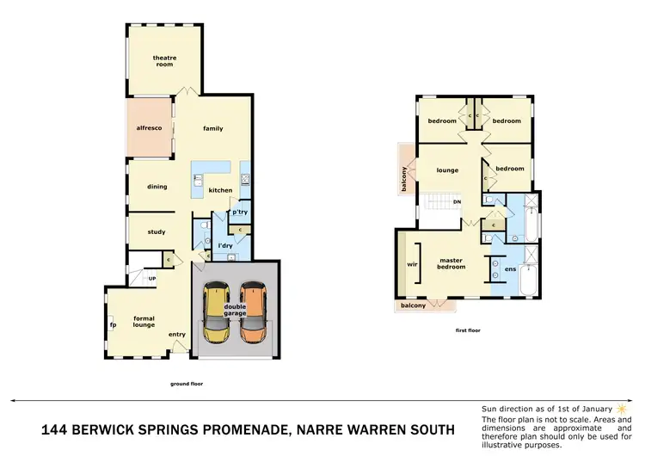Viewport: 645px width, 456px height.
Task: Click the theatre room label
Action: pos(163,60)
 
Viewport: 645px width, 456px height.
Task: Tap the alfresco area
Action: pos(149,128)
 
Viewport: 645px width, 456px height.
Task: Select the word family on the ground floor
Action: pos(212,129)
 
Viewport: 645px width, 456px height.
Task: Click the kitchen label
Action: pos(220,190)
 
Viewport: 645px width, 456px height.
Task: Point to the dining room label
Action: pos(157,187)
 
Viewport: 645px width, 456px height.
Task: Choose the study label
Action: pos(156,231)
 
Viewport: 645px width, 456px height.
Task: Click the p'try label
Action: pos(240,212)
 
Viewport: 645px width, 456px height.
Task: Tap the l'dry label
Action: pos(225,246)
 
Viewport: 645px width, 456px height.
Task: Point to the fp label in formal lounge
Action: pos(112,324)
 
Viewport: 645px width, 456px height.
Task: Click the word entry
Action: pos(177,335)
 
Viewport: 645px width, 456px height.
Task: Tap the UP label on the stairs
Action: pos(151,279)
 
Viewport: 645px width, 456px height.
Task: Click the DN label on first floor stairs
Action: pos(458,202)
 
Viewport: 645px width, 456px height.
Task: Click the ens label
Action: pos(510,269)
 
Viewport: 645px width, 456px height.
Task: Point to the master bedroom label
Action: pos(452,263)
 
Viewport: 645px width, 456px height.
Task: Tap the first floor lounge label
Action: pos(447,170)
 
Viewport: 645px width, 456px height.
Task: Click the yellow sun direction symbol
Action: pos(620,408)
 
